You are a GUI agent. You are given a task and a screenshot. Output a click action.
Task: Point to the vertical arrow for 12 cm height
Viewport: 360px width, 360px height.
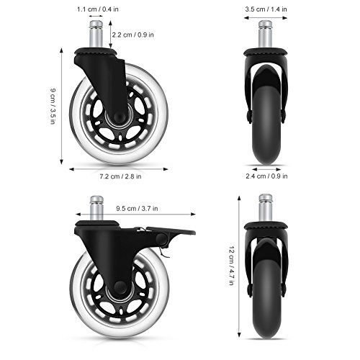point(238,266)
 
